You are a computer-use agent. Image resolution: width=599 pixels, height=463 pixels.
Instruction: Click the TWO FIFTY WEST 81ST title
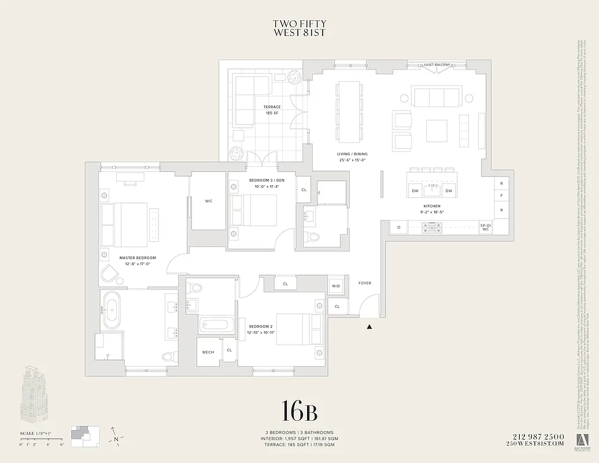(299, 28)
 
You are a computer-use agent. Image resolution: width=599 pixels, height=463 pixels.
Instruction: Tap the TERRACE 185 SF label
(272, 110)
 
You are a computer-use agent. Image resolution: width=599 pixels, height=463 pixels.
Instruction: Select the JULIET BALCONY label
(436, 65)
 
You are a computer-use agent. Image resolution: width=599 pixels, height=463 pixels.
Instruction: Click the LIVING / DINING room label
(353, 157)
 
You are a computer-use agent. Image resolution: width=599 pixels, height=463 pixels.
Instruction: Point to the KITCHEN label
(431, 206)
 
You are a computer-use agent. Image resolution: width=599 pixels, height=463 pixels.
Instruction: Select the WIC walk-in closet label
(208, 201)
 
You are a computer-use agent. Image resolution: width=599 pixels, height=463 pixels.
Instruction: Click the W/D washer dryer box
(336, 286)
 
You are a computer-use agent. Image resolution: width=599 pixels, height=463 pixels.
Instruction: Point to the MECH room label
(208, 352)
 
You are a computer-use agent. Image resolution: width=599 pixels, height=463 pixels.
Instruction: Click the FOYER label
(364, 283)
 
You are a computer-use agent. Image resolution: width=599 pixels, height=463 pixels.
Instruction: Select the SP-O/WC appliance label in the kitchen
(485, 227)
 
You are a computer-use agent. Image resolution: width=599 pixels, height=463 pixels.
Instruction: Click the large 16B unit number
(299, 411)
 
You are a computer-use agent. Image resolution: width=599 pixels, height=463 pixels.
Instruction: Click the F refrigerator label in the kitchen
(501, 196)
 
